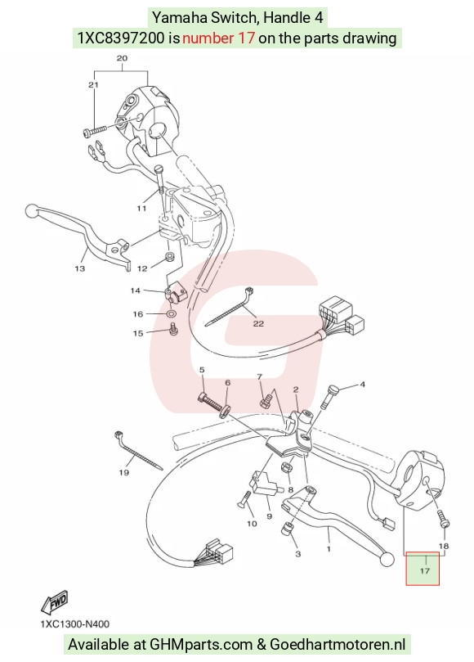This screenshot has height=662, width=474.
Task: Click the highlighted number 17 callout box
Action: (423, 568)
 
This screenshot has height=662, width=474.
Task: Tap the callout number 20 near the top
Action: (122, 58)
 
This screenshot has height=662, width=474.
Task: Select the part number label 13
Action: (80, 268)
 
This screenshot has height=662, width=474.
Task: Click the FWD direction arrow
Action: (55, 601)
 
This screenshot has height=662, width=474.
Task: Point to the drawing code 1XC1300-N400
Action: (75, 624)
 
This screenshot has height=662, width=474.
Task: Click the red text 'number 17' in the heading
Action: (218, 38)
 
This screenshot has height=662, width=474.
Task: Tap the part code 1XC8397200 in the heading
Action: (121, 38)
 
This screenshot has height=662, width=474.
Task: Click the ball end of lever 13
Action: (32, 210)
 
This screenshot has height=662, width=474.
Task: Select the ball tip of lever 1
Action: (387, 560)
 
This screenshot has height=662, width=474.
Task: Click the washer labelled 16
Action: (172, 313)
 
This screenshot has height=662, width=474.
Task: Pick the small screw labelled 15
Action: (173, 329)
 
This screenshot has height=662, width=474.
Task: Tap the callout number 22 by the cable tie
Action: (258, 324)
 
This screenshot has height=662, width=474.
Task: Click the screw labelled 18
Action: (443, 520)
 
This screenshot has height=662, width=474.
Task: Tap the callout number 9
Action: (269, 516)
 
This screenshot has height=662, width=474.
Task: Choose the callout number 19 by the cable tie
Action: (123, 472)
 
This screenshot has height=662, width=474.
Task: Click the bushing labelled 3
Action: (288, 528)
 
